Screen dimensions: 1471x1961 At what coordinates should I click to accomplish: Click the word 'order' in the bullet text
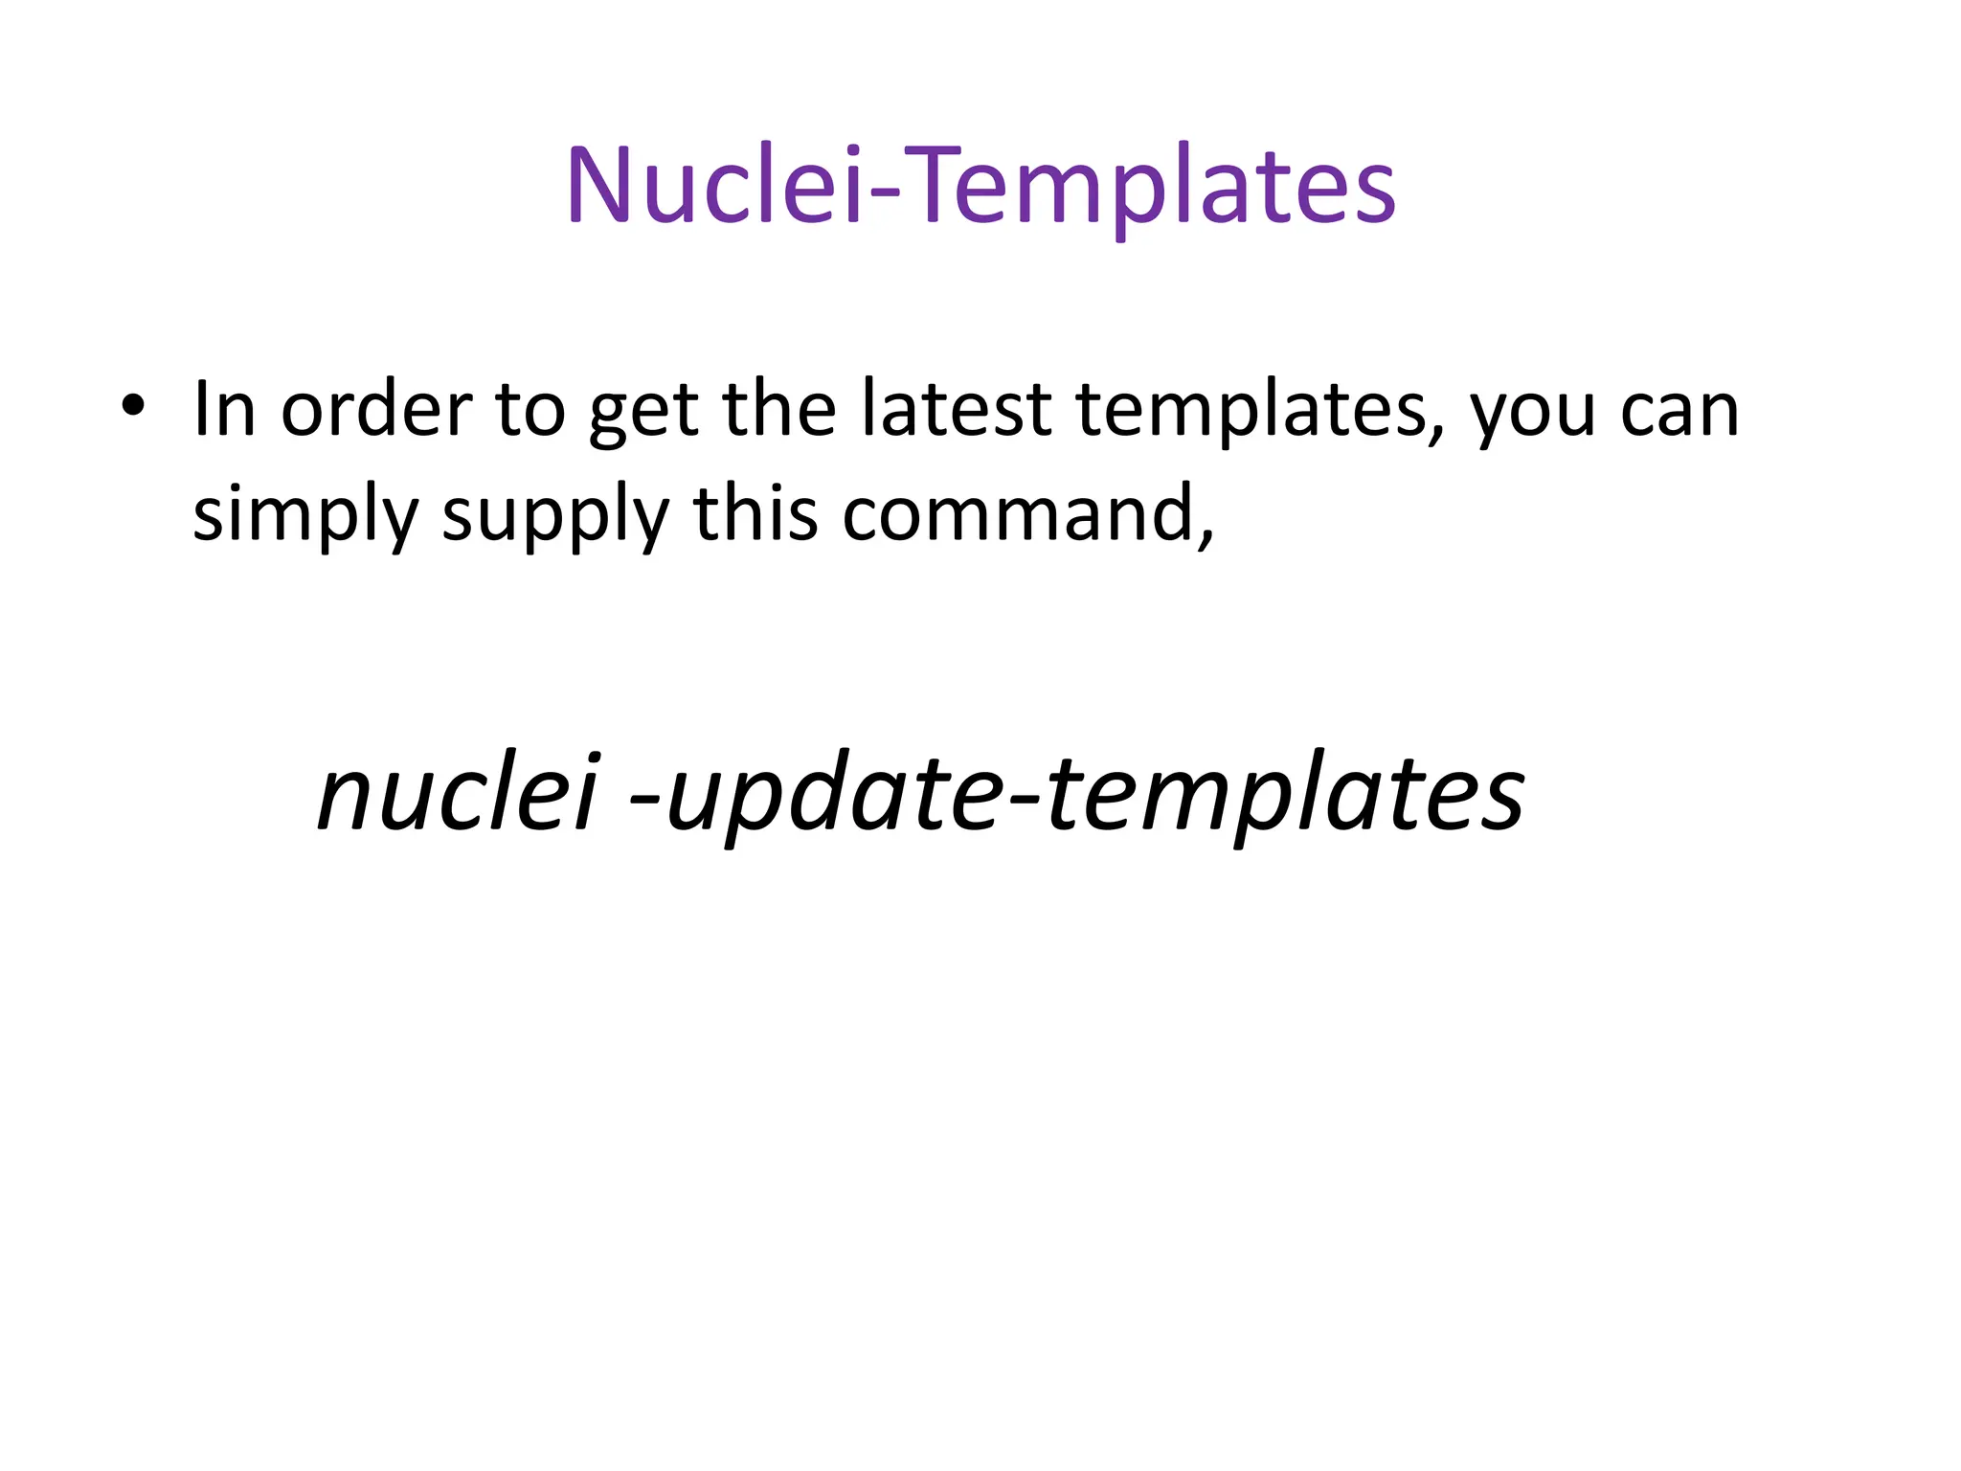(x=376, y=410)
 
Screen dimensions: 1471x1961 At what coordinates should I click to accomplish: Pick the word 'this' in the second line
(x=756, y=513)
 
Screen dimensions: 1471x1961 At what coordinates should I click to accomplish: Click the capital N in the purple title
(x=598, y=184)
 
